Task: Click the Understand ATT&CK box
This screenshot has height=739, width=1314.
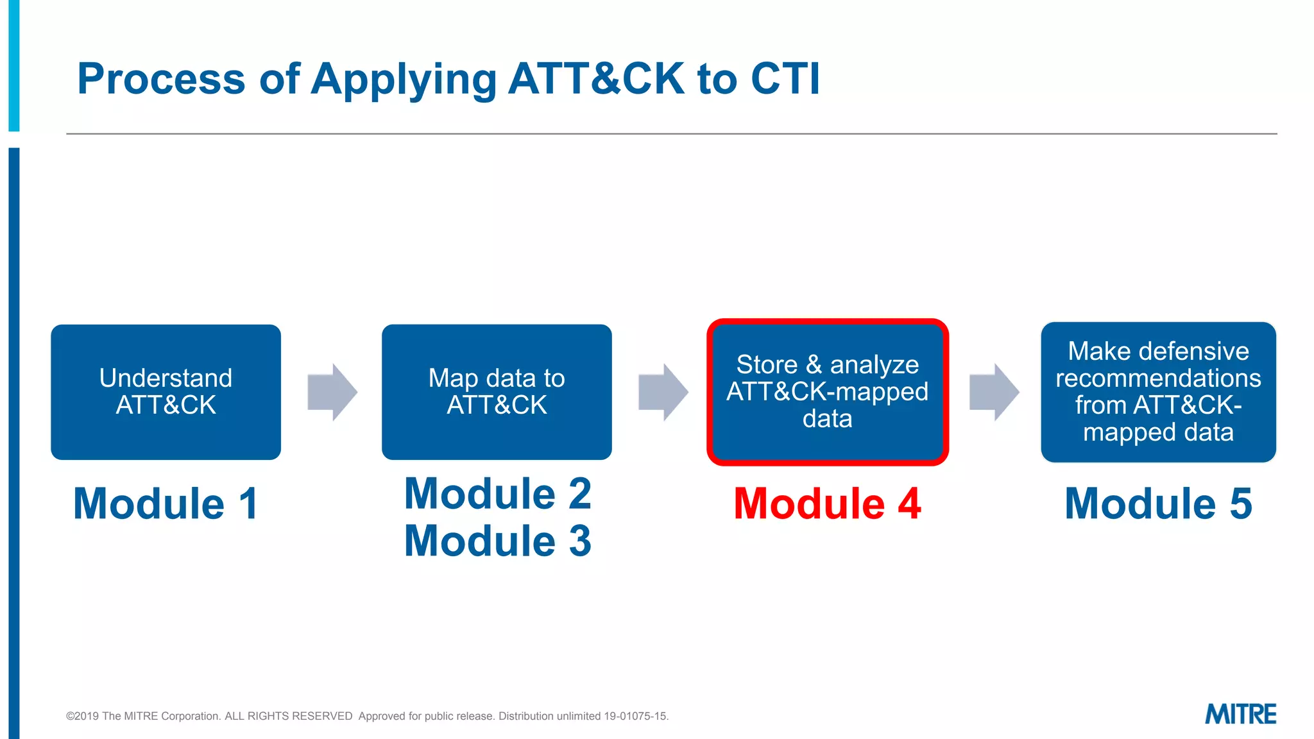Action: [166, 392]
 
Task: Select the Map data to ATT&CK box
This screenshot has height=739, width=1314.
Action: [497, 392]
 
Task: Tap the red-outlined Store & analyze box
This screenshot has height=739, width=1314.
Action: [828, 392]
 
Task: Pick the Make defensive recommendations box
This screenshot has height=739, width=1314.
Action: [1158, 392]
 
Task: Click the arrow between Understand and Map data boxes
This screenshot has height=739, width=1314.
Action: [332, 392]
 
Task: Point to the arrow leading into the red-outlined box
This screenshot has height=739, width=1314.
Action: [663, 392]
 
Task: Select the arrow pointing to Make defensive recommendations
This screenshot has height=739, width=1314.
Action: [994, 392]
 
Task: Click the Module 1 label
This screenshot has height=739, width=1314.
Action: [166, 504]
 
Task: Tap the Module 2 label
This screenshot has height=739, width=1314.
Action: [497, 494]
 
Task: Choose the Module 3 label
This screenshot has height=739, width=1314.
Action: [497, 541]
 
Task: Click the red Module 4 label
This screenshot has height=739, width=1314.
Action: [827, 504]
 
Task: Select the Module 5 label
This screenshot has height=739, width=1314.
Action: [1158, 504]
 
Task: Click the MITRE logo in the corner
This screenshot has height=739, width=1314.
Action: [1240, 714]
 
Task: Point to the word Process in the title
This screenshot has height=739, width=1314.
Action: [161, 79]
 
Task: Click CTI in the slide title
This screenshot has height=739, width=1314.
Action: [785, 79]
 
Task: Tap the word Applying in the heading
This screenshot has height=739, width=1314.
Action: [404, 80]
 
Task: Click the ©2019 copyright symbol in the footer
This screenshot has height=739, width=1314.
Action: [70, 717]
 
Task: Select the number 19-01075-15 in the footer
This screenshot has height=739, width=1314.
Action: [635, 717]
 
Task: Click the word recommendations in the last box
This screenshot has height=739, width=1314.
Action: [1158, 378]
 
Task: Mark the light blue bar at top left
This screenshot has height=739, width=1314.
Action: [13, 64]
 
